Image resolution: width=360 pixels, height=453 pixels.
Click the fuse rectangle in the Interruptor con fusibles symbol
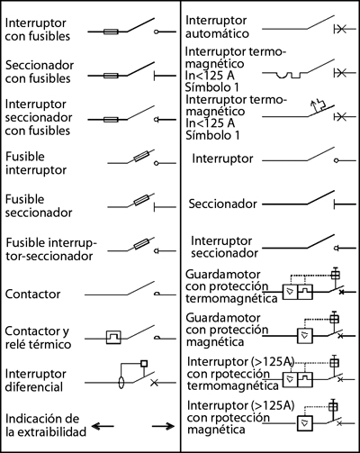point(111,32)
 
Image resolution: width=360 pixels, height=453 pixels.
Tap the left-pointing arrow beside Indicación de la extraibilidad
point(103,426)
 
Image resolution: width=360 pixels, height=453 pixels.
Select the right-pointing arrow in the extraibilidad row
point(163,426)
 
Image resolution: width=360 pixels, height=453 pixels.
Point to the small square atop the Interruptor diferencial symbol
point(144,363)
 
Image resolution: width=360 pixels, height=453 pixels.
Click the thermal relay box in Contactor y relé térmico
point(114,338)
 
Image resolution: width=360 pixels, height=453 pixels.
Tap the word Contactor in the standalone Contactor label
point(32,294)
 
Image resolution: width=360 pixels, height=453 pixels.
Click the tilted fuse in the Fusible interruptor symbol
point(141,156)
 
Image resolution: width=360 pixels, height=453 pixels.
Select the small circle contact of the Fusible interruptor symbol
point(156,163)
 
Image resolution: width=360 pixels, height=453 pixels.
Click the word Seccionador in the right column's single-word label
point(223,204)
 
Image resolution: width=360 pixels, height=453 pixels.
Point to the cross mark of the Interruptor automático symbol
point(341,29)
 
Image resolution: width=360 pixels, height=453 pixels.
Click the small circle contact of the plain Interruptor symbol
point(337,160)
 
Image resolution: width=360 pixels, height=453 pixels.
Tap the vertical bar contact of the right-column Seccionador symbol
point(335,204)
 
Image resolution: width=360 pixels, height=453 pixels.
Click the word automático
point(217,33)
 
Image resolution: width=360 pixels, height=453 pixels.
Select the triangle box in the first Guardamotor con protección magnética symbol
point(305,336)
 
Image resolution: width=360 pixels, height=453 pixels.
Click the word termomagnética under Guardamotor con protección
point(231,298)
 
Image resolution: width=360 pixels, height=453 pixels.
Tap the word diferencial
point(34,387)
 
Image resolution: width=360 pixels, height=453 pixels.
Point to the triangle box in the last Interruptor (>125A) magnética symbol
point(305,423)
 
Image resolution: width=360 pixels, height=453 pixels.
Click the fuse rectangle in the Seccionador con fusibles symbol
point(111,76)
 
